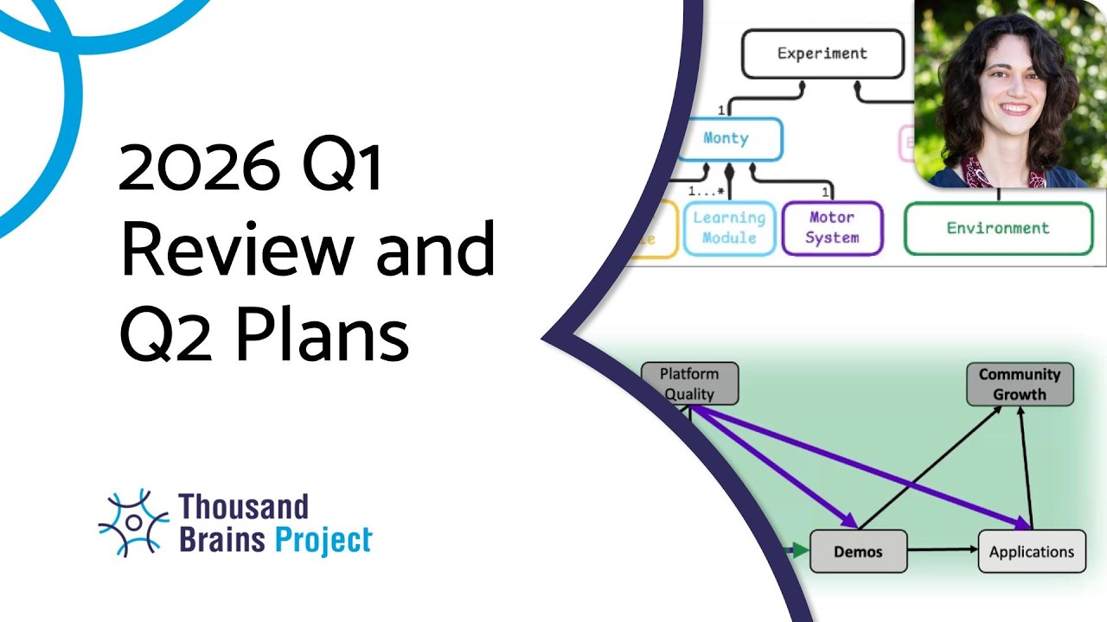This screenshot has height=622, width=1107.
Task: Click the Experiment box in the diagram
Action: [822, 54]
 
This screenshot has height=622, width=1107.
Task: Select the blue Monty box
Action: [727, 138]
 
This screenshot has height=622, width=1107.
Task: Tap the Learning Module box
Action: [729, 228]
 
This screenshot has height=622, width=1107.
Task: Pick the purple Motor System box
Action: [832, 228]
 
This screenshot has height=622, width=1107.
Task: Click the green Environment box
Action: [997, 229]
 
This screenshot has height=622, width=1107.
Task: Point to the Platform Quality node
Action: [689, 384]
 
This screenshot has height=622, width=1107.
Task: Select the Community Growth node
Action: [1019, 384]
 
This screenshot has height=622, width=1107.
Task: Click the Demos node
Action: [858, 551]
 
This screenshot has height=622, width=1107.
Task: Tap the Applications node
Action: [1031, 551]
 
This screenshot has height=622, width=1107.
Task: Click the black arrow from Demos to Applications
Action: [943, 550]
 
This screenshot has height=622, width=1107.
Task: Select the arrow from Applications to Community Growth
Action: [1026, 466]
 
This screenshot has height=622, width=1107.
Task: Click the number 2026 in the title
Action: [199, 168]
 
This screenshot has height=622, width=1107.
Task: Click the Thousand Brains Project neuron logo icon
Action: [133, 523]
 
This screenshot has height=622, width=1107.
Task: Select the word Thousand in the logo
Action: [243, 505]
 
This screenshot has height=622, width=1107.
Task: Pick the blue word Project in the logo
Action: [323, 540]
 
